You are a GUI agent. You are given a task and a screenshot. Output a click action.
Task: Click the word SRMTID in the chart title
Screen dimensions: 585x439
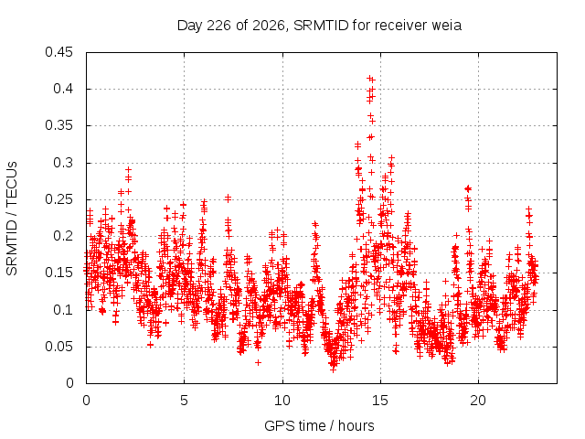pos(321,26)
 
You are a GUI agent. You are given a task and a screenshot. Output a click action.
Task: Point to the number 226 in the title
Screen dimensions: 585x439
pos(218,26)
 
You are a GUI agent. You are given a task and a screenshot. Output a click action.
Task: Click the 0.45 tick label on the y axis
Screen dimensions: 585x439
pos(58,52)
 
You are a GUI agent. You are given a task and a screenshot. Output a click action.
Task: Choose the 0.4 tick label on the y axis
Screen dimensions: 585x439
pos(63,89)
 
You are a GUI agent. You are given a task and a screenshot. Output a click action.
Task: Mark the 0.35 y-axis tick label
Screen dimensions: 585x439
pos(58,126)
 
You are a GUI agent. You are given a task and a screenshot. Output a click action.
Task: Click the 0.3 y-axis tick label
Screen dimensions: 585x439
pos(63,163)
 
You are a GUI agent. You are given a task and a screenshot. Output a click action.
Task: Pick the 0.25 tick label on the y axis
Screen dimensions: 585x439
pos(58,199)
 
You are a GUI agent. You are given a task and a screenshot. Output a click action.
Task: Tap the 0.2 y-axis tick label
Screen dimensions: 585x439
pos(63,236)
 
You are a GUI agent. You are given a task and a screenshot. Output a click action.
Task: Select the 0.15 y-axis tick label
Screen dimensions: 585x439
pos(58,273)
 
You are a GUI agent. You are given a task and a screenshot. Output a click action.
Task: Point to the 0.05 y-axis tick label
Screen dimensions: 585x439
pos(58,347)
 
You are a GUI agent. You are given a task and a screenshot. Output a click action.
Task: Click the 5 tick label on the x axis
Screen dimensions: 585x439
pos(185,401)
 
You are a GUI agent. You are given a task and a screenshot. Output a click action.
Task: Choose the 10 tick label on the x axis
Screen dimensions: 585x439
pos(282,401)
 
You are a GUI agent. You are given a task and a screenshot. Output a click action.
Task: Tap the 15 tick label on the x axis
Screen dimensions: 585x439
pos(380,401)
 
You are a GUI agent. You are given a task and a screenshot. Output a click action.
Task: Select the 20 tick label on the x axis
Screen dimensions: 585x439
pos(478,401)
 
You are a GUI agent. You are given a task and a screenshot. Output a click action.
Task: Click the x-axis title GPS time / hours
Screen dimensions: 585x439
pos(319,426)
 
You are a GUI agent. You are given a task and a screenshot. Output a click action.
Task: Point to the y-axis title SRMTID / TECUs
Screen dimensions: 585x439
pos(12,219)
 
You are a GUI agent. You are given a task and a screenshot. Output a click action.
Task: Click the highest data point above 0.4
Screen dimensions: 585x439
pos(369,79)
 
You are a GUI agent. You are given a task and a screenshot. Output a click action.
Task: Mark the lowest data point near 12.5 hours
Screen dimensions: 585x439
pos(333,369)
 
